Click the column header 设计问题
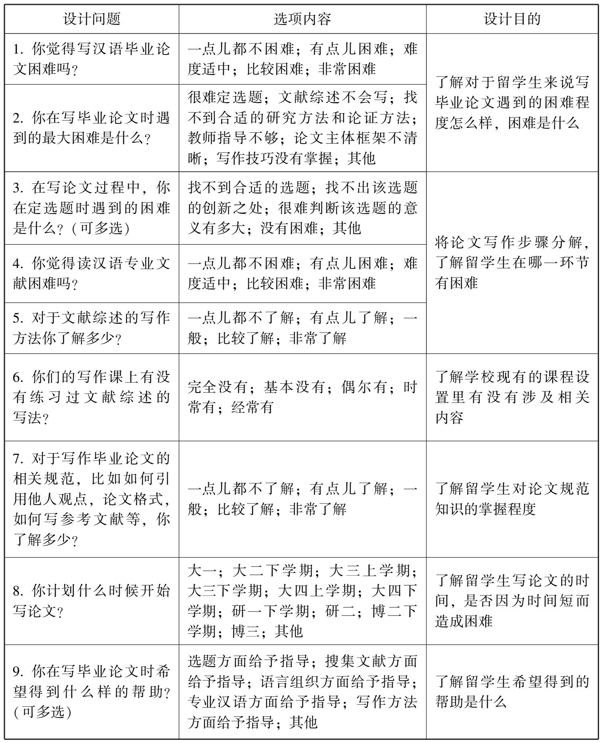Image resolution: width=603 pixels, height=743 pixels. tap(92, 19)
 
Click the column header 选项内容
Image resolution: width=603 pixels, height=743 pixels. tap(302, 19)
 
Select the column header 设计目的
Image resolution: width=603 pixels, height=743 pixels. tap(512, 19)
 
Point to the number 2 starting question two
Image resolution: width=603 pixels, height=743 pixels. tap(17, 119)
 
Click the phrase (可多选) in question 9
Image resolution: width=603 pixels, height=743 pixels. tap(42, 712)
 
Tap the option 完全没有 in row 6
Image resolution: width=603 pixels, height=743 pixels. tap(217, 387)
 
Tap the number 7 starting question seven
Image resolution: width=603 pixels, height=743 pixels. tap(17, 459)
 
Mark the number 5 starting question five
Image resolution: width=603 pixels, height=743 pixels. tap(17, 318)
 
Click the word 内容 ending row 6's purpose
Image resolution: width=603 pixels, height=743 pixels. tap(449, 418)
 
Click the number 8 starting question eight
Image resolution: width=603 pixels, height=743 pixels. tap(17, 591)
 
